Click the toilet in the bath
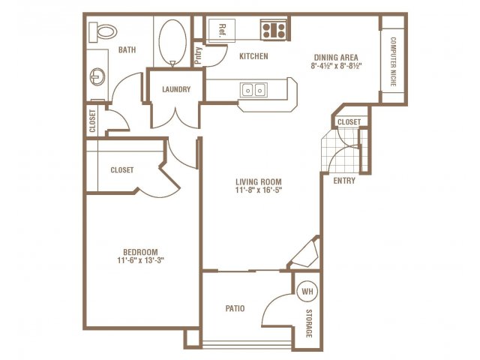point(103,31)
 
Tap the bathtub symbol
point(172,42)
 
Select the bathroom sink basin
point(97,76)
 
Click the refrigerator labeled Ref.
point(222,31)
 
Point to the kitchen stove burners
point(274,29)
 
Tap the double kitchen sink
point(253,90)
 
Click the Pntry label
point(199,55)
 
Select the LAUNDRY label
point(176,89)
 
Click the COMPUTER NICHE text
point(393,61)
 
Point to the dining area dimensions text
point(337,66)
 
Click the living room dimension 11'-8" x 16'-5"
point(259,190)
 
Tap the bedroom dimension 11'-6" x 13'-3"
point(141,260)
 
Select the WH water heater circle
point(307,291)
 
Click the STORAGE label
point(309,323)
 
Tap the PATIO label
point(235,308)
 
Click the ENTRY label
point(344,181)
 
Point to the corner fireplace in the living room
point(305,253)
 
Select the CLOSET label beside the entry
point(349,121)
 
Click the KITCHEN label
point(253,56)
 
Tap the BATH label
point(127,49)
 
